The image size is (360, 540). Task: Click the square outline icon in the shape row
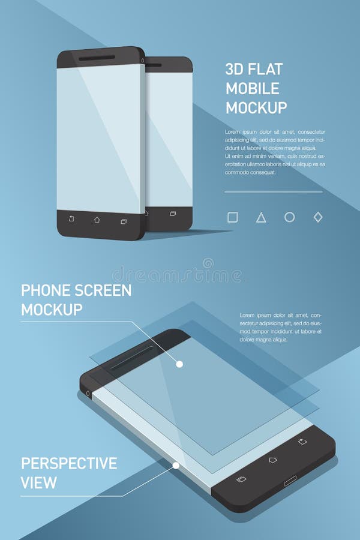coord(233,217)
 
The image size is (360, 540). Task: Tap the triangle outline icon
coord(261,218)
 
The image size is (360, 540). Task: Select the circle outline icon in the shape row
coord(289,217)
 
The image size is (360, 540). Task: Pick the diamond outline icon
coord(318,217)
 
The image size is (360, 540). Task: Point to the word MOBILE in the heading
coord(252,88)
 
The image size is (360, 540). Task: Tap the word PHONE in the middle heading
coord(46,291)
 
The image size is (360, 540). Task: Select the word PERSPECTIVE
coord(69,463)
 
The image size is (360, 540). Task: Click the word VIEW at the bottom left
coord(38,482)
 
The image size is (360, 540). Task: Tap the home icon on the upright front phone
coord(97,220)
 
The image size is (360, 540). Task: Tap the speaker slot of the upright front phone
coord(97,58)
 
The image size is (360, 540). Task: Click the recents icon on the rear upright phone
coord(173,214)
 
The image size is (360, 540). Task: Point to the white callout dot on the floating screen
coord(179,364)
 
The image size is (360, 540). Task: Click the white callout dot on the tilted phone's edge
coord(176,465)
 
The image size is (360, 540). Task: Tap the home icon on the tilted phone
coord(272,460)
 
